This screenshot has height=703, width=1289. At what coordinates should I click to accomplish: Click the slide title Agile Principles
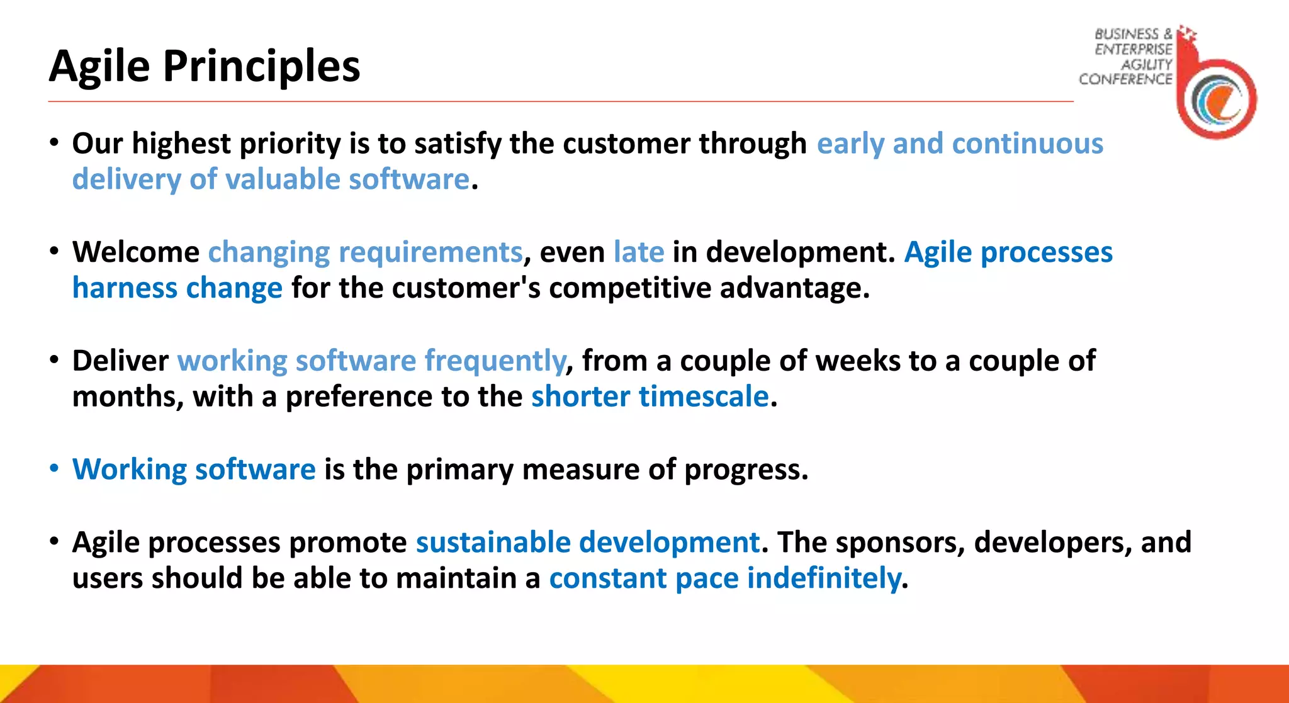205,66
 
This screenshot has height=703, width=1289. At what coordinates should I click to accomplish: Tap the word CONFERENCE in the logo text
1125,79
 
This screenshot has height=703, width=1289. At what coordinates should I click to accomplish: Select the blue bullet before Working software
55,469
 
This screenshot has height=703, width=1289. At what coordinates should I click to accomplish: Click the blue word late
639,252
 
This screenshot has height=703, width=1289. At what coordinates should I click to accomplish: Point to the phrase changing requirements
365,252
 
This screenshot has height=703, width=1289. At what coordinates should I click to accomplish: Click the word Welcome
135,252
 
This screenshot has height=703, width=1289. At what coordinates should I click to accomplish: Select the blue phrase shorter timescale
650,396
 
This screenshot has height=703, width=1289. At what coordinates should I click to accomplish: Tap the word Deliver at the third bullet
120,361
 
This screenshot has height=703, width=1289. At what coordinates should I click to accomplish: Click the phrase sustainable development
587,542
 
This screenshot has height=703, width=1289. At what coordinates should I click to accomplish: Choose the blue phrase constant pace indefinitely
724,578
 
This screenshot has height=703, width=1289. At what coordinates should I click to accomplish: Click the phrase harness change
177,288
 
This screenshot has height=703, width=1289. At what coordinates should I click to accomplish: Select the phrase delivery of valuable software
271,179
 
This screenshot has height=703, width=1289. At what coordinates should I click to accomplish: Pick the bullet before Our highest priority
55,143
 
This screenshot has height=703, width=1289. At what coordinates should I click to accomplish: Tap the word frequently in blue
495,361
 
